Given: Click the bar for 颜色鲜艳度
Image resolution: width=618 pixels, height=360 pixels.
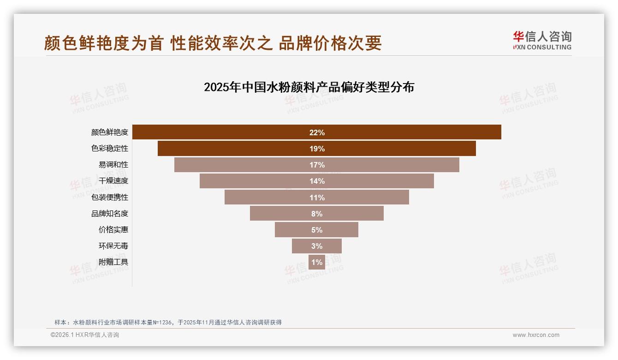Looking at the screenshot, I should [x=231, y=132].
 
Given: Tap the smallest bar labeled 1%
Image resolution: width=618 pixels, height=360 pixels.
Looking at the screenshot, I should [x=317, y=262].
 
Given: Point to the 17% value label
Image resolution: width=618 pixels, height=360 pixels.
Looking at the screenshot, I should [x=317, y=165].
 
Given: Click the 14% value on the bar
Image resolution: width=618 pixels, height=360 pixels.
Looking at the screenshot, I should [x=317, y=181].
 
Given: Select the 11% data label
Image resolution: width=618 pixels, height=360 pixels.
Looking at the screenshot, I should [x=317, y=198].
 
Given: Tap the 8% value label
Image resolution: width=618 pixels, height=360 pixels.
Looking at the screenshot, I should [x=317, y=214].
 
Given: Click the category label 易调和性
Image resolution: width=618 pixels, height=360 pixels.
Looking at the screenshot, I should [x=113, y=165].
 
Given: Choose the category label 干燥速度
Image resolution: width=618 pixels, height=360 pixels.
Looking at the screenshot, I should [x=113, y=181].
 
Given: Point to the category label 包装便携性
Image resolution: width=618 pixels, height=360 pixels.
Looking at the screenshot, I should [x=110, y=197].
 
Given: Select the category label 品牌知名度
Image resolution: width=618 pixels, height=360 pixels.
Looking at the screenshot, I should [x=110, y=214].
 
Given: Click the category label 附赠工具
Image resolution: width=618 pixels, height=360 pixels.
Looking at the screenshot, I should [x=113, y=262].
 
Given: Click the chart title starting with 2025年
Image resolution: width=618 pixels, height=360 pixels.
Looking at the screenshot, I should [x=309, y=87].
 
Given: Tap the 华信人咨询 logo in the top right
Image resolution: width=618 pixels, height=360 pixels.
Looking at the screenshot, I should [x=542, y=40].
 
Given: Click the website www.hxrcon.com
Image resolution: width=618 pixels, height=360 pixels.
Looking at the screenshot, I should [x=536, y=335].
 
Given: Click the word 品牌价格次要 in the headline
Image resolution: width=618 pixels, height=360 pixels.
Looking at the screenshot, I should [x=330, y=43].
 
